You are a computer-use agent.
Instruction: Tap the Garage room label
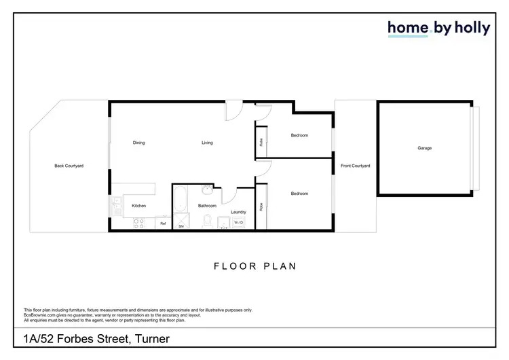424,148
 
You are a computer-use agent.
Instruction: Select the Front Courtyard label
355,166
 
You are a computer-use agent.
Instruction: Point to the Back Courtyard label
69,166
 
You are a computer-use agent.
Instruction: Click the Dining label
138,143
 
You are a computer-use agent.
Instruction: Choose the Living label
207,143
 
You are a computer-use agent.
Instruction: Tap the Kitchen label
138,206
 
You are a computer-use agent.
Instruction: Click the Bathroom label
207,206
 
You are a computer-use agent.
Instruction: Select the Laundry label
238,212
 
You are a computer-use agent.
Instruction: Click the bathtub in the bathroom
181,200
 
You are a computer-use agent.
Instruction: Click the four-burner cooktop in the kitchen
139,222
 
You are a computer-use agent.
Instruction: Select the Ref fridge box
163,223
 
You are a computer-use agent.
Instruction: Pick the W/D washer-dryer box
239,223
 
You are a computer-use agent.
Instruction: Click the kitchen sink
116,206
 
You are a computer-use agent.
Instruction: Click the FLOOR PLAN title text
254,266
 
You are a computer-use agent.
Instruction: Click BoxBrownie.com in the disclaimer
39,314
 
